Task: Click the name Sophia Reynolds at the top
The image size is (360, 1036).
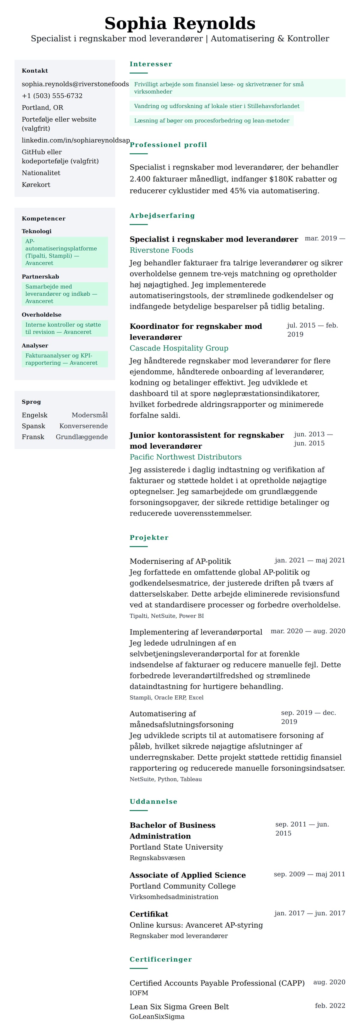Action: [x=180, y=23]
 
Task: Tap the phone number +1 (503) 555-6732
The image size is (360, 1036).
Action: [x=52, y=96]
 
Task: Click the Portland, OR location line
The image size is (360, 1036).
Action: [x=42, y=107]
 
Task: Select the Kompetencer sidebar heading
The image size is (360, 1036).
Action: [x=43, y=218]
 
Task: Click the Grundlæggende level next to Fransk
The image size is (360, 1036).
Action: [x=82, y=437]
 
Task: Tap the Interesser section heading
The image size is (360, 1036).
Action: [x=151, y=64]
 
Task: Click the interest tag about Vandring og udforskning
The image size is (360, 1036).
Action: [x=216, y=106]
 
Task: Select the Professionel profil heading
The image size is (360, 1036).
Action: [x=168, y=144]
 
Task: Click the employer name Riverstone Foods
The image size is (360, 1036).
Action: [x=161, y=250]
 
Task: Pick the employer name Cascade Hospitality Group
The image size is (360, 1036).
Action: [x=178, y=348]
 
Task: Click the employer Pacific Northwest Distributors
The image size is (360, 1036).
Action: [x=185, y=457]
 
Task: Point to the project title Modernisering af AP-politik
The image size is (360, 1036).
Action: [x=180, y=561]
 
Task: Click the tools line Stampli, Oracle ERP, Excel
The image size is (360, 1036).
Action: [x=166, y=697]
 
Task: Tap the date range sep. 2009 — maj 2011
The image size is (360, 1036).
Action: [x=309, y=874]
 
